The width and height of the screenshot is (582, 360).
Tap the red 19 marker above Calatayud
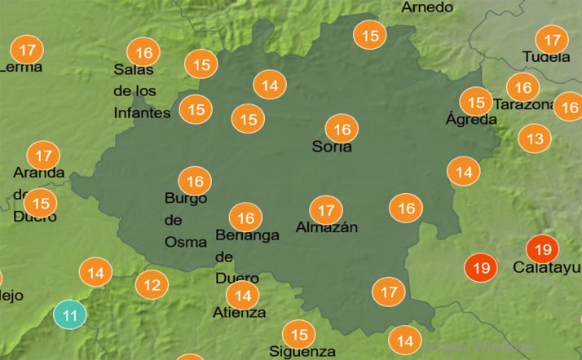tap(544, 249)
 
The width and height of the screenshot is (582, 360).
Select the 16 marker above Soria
tap(342, 129)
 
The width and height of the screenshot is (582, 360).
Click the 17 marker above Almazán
tap(326, 210)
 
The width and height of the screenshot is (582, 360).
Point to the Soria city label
tap(332, 147)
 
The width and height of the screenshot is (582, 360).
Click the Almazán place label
tap(326, 227)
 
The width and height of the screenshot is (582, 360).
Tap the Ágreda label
tap(471, 120)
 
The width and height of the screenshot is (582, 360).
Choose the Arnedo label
tap(427, 7)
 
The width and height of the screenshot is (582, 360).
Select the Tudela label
tap(546, 57)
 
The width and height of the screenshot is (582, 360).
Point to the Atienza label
tap(239, 313)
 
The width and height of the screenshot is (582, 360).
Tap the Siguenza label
tap(302, 352)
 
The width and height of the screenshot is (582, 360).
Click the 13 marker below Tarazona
tap(535, 138)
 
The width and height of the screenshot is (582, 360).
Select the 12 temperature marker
tap(152, 285)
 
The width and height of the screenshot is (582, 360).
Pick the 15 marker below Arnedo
tap(371, 36)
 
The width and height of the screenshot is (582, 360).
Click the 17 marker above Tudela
tap(553, 39)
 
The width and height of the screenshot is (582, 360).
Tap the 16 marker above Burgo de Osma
tap(195, 181)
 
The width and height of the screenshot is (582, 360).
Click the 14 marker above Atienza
tap(242, 295)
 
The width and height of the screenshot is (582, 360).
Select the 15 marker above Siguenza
tap(299, 334)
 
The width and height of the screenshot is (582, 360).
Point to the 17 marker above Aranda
tap(44, 154)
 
